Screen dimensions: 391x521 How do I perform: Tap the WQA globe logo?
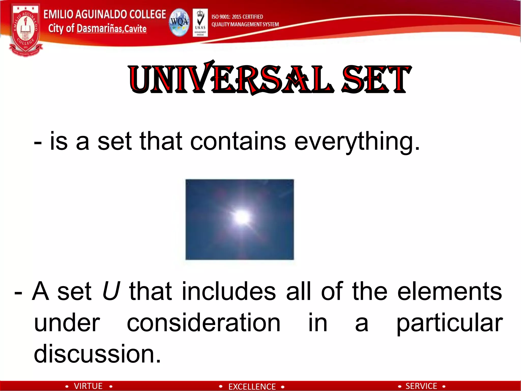click(x=179, y=22)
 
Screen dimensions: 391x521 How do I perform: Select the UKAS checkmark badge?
click(x=200, y=22)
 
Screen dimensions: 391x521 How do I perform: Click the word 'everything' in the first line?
click(x=356, y=142)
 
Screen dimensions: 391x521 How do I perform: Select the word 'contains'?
click(x=238, y=142)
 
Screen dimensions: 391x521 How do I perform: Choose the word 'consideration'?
click(x=204, y=323)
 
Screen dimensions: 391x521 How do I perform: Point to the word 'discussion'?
click(x=97, y=354)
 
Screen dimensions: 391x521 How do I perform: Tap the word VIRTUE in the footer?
click(x=88, y=386)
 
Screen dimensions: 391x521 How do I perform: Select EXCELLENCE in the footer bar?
click(x=252, y=386)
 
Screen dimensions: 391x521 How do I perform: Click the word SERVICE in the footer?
click(x=421, y=386)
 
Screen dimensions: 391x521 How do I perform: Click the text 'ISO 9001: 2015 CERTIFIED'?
click(x=237, y=17)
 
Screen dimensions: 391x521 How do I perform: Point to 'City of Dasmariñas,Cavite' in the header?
click(x=97, y=29)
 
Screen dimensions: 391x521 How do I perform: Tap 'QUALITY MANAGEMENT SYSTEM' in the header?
click(x=245, y=24)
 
